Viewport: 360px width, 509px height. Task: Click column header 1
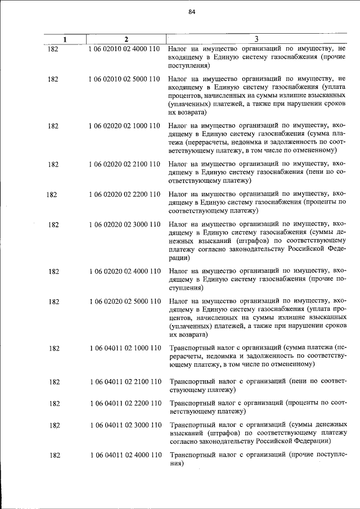(65, 39)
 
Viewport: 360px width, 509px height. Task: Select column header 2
(126, 39)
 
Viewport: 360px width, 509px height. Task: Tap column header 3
(256, 39)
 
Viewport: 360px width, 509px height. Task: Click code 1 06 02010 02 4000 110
(125, 49)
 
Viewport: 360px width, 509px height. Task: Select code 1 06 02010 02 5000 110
(125, 79)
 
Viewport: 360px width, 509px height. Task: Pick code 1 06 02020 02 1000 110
(125, 126)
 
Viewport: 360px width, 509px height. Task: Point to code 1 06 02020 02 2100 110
(125, 164)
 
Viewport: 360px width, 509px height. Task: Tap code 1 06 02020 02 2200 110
(125, 195)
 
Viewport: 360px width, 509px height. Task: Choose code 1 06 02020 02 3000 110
(125, 224)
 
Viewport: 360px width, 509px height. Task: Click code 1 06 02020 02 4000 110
(125, 271)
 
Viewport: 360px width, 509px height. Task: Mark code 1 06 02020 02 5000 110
(125, 301)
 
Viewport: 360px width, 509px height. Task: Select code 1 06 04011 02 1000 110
(125, 348)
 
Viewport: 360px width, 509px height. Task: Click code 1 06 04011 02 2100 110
(125, 382)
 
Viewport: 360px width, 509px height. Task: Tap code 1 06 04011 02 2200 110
(125, 403)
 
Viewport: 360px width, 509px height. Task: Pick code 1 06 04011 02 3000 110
(125, 425)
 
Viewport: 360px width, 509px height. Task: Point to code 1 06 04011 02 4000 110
(125, 454)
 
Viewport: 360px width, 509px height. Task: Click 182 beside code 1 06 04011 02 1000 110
(54, 348)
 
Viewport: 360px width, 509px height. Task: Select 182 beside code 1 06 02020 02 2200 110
(52, 195)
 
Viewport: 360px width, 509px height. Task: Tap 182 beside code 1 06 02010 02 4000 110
(54, 49)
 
